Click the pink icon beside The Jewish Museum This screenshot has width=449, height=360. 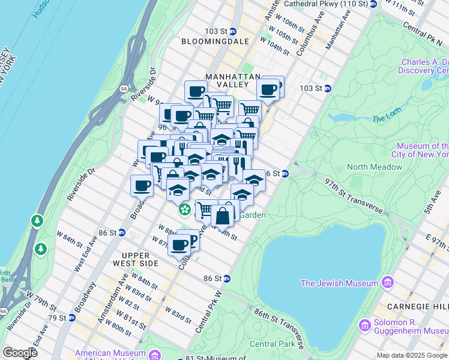point(387,283)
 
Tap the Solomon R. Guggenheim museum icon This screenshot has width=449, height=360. point(364,325)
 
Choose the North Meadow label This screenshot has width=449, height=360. point(374,167)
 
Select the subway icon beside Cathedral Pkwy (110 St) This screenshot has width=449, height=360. point(373,4)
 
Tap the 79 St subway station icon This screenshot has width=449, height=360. point(71,317)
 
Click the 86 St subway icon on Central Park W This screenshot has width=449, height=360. point(226,278)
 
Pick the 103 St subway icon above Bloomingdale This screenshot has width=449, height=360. point(233,31)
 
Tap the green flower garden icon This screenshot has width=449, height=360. point(185,210)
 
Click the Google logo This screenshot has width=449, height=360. point(20,353)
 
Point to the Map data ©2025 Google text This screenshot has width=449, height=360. point(412,355)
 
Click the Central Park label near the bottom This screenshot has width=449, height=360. point(272,344)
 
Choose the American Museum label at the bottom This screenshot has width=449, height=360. point(110,353)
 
